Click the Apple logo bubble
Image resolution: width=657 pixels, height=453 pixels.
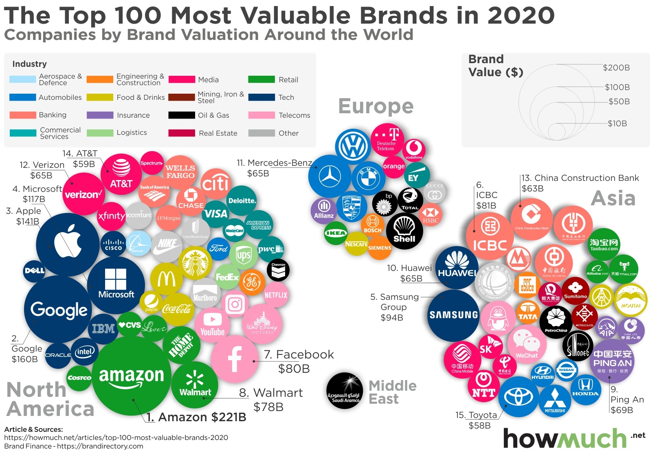pyautogui.click(x=68, y=244)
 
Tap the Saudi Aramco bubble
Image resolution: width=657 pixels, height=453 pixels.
pyautogui.click(x=345, y=390)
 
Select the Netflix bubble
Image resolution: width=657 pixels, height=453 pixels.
pyautogui.click(x=276, y=295)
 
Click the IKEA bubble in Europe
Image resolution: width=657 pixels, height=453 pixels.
pyautogui.click(x=335, y=233)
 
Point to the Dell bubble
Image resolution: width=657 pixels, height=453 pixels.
pyautogui.click(x=34, y=270)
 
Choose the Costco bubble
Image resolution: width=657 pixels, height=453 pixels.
pyautogui.click(x=79, y=378)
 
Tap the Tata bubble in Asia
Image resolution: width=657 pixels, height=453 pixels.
pyautogui.click(x=528, y=313)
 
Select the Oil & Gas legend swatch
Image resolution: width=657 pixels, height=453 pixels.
pyautogui.click(x=182, y=115)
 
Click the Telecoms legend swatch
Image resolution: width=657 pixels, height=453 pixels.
pyautogui.click(x=261, y=115)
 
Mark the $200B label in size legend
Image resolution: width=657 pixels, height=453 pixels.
pyautogui.click(x=616, y=68)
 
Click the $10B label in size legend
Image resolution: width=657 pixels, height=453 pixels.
pyautogui.click(x=617, y=123)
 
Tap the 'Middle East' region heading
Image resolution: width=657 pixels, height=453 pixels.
pyautogui.click(x=392, y=392)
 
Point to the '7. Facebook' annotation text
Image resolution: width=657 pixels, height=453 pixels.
pyautogui.click(x=299, y=354)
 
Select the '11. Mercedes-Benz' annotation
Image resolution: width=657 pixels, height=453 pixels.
pyautogui.click(x=274, y=163)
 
